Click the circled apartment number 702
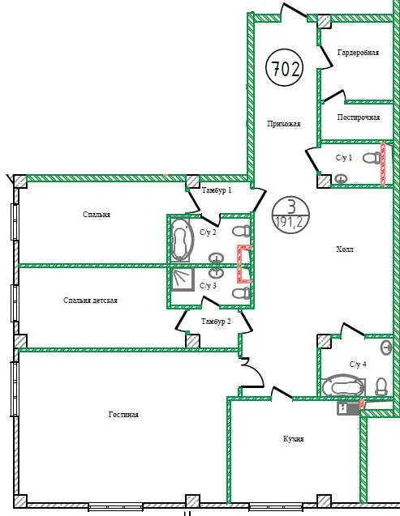coord(284,68)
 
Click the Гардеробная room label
coord(358,53)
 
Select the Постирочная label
coord(359,117)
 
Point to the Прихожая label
coord(284,124)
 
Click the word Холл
coord(345,249)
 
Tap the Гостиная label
coord(123,415)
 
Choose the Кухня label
coord(293,439)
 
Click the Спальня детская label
coord(90,301)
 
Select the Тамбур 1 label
coord(217,190)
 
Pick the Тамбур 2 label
coord(216,322)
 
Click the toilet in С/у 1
coord(372,157)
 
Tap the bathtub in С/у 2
coord(181,240)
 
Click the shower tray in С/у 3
coord(183,279)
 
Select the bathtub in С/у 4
coord(343,386)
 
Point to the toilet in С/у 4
coord(381,386)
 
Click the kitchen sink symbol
coord(348,408)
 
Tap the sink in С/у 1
coord(341,179)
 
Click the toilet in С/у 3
coord(241,293)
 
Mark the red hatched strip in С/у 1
coord(383,164)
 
